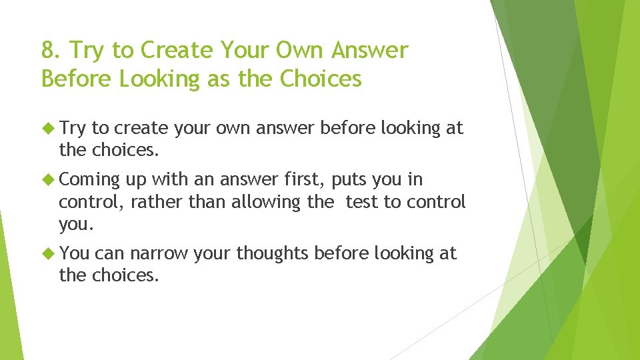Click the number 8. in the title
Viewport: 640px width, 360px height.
tap(51, 50)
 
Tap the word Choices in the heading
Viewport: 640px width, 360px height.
tap(321, 79)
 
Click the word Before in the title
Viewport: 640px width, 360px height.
tap(77, 79)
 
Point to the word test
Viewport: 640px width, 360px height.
tap(361, 201)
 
